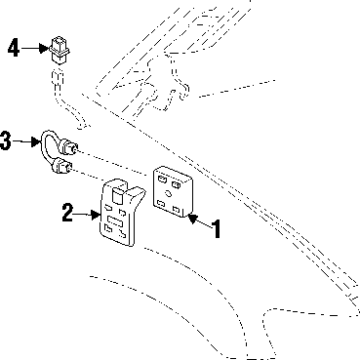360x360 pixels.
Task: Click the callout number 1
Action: pos(217,228)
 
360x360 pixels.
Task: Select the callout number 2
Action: pos(67,213)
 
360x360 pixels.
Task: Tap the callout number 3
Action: pos(5,140)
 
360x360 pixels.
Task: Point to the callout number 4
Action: pos(14,48)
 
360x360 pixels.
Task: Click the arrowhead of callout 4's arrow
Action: pos(44,49)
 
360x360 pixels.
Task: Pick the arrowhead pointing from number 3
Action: pos(35,141)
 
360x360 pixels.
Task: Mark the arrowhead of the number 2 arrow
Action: pos(96,215)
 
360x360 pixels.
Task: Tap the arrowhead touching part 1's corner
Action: pos(193,219)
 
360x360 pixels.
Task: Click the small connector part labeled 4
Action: pos(60,50)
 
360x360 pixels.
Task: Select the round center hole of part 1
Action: pos(169,193)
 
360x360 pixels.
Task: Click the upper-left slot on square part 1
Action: pos(161,179)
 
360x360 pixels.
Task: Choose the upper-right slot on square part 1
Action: pos(177,185)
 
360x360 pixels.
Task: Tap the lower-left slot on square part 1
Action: pos(161,203)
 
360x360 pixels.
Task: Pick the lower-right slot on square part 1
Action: pos(177,209)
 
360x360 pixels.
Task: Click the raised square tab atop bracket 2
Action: pos(117,196)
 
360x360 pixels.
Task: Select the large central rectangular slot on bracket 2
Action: pos(115,220)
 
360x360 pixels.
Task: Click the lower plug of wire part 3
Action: pos(61,166)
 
